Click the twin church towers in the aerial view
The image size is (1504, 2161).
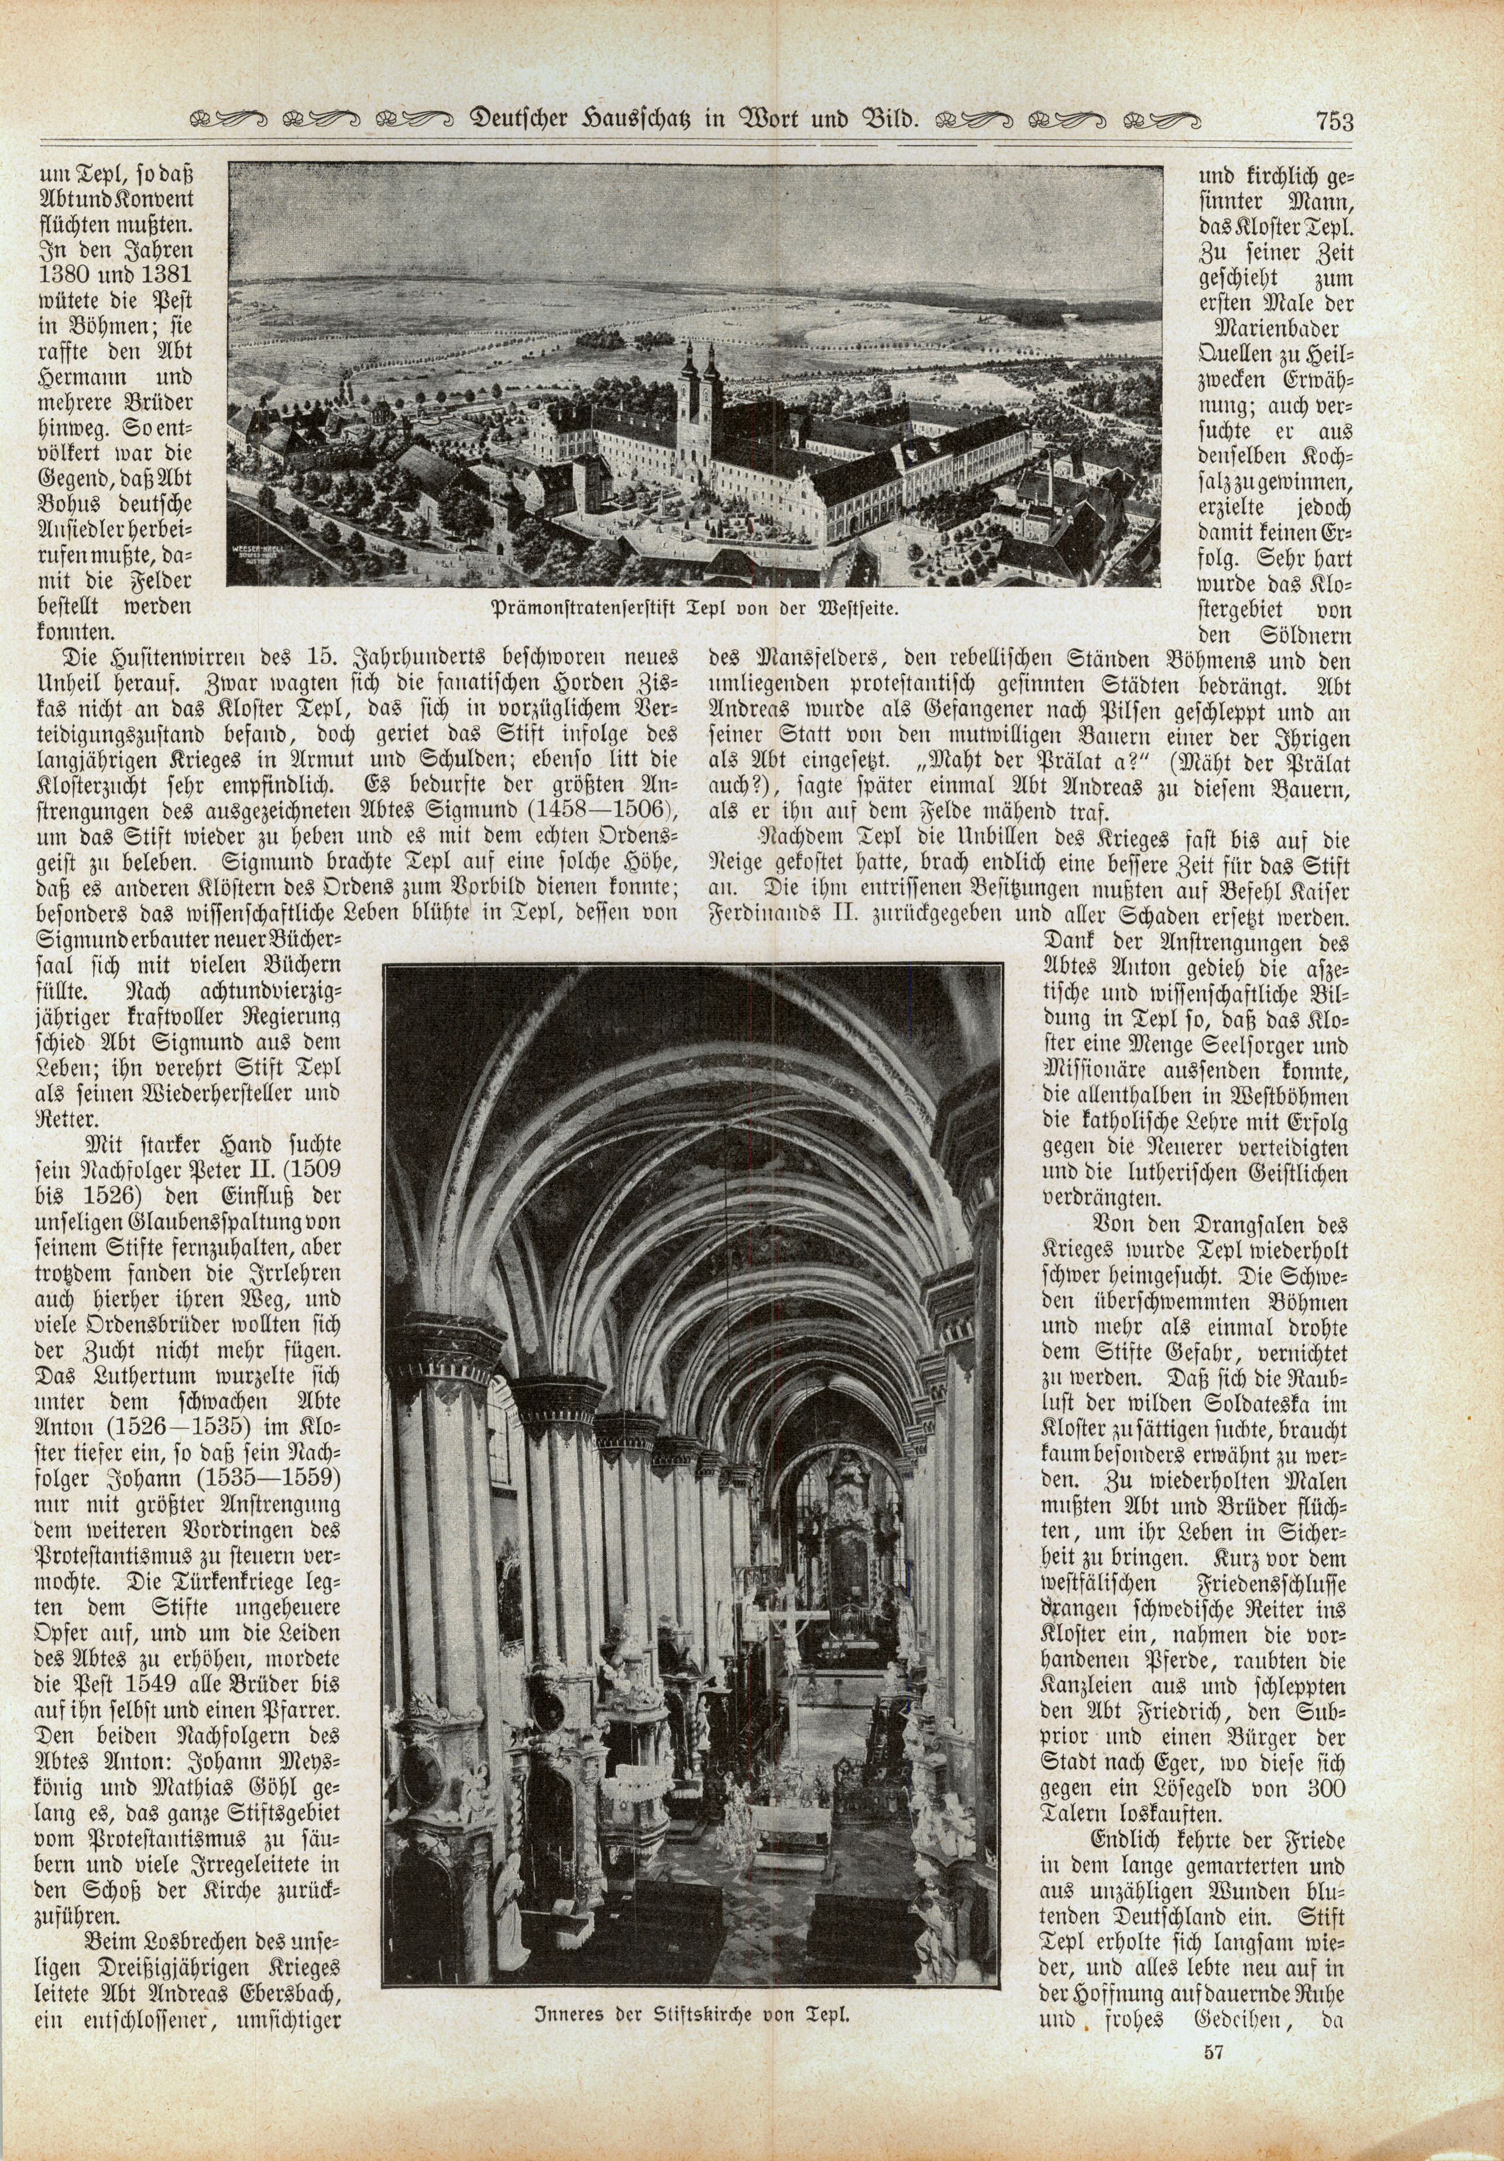click(x=693, y=395)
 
